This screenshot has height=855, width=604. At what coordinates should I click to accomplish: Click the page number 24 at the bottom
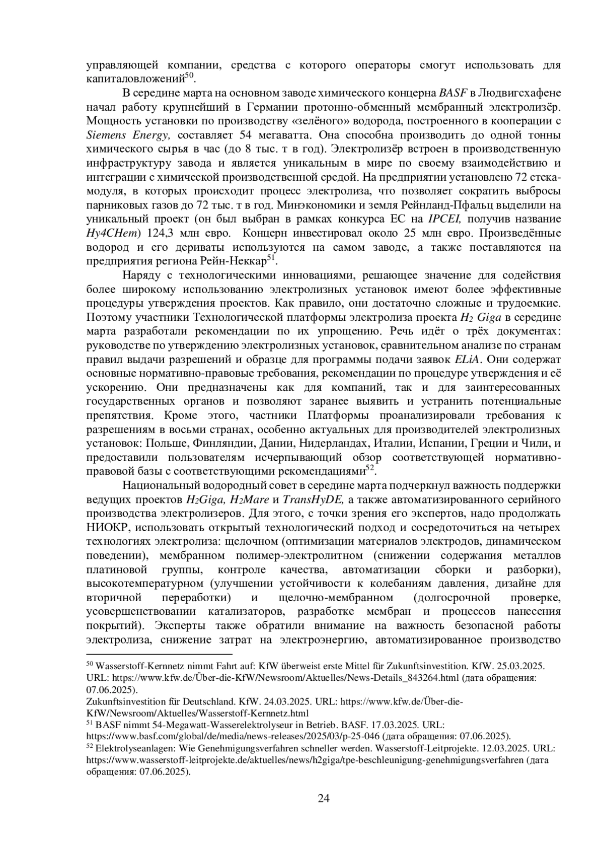click(324, 799)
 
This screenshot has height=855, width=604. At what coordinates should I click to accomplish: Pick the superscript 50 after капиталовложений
click(189, 76)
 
